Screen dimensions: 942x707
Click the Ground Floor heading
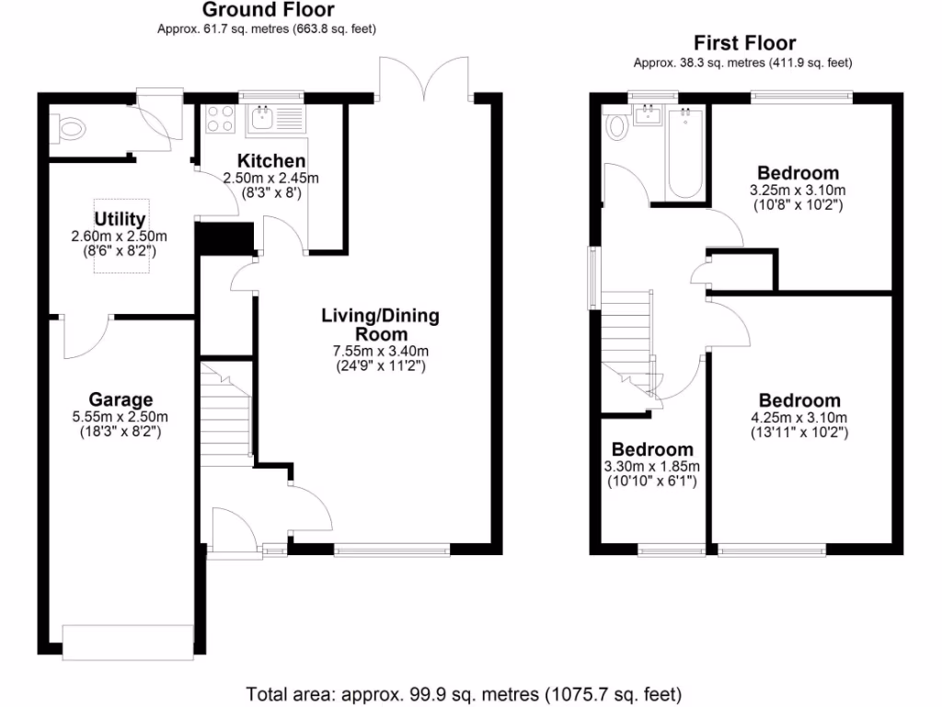pos(268,9)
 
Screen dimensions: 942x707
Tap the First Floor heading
pos(744,43)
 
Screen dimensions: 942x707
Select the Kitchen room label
pos(271,161)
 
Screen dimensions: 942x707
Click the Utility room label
pos(120,219)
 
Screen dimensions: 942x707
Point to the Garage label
pos(121,400)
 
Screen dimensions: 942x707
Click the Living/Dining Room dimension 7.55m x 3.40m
pos(380,351)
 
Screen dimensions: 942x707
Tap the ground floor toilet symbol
pos(68,129)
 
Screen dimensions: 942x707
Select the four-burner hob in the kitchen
pos(220,119)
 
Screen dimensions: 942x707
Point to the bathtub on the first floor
pos(685,153)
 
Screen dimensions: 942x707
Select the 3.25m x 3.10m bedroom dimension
pos(798,191)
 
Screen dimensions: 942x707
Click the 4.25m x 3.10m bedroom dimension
pos(799,418)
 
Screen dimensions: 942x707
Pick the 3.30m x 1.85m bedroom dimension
pos(652,467)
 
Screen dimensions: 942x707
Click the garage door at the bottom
pos(128,643)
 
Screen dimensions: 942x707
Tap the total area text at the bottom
pos(464,695)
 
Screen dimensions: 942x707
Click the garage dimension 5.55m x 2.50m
pos(121,417)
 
